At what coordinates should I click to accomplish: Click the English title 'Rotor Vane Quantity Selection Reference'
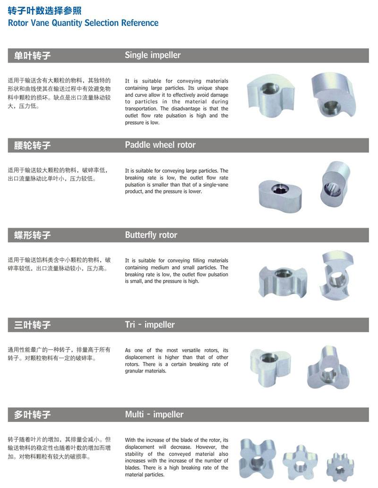(83, 23)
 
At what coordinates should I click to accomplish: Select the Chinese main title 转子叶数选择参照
(44, 10)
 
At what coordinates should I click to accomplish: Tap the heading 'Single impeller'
(153, 55)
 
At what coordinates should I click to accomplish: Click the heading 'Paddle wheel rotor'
(160, 145)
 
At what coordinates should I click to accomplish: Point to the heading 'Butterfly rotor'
(151, 235)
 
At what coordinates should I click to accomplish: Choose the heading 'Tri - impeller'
(150, 325)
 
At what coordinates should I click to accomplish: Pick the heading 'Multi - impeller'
(154, 414)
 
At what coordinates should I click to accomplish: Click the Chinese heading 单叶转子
(32, 55)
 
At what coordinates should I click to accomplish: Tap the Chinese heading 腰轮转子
(32, 145)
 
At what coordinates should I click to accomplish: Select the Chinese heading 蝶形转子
(32, 235)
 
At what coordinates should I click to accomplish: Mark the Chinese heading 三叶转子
(32, 325)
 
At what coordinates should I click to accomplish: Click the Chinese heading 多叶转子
(32, 414)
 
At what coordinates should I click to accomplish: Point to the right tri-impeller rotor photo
(328, 368)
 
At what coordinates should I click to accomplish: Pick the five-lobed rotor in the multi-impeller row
(300, 463)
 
